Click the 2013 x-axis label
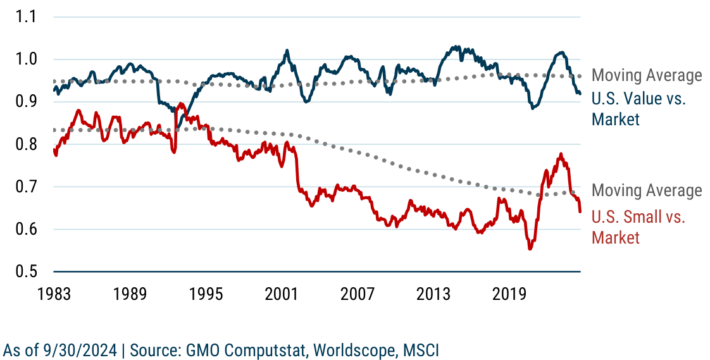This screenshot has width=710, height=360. [x=434, y=295]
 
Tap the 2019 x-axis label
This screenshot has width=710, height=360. [x=510, y=295]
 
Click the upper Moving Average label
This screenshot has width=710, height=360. [x=647, y=76]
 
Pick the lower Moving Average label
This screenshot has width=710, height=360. [x=647, y=190]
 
